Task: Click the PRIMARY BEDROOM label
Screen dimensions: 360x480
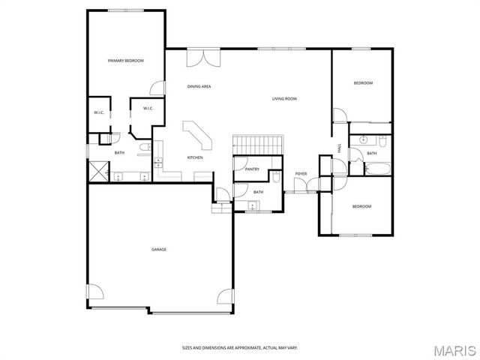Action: point(125,61)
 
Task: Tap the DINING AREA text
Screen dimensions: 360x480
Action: point(199,87)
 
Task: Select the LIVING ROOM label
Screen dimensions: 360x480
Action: point(284,99)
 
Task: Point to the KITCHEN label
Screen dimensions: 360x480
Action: point(195,157)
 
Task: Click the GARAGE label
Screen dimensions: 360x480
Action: point(159,250)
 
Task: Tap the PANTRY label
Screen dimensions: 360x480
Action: point(252,169)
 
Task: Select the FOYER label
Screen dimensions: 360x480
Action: point(301,174)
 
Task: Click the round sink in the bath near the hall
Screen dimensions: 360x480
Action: point(363,140)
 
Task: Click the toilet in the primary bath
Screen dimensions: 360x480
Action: point(143,149)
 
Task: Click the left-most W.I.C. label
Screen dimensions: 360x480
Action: point(98,112)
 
